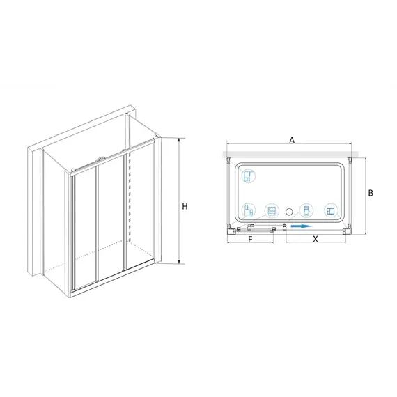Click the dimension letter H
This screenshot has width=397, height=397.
pyautogui.click(x=185, y=207)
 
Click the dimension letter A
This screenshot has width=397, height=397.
pyautogui.click(x=292, y=140)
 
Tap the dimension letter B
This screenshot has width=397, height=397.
pyautogui.click(x=371, y=193)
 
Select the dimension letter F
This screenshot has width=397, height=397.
pyautogui.click(x=250, y=240)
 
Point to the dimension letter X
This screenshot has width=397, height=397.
pyautogui.click(x=316, y=240)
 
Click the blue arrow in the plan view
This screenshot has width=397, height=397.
pyautogui.click(x=301, y=226)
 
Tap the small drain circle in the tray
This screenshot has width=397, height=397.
pyautogui.click(x=289, y=212)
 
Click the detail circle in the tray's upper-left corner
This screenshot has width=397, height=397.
pyautogui.click(x=249, y=176)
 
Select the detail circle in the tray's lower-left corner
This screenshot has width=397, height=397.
pyautogui.click(x=249, y=210)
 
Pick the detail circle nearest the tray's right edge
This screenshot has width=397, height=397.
pyautogui.click(x=331, y=210)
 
